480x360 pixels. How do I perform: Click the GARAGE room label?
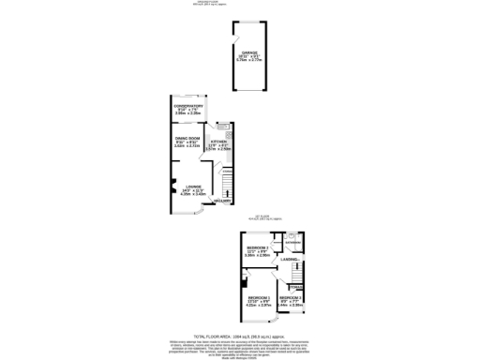coord(249,52)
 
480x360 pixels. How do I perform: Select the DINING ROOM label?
coord(188,141)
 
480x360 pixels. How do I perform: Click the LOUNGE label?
coord(192,188)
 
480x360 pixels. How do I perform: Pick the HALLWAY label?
coord(223,202)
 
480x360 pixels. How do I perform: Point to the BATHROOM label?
coord(292,241)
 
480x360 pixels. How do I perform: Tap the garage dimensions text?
coord(249,59)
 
